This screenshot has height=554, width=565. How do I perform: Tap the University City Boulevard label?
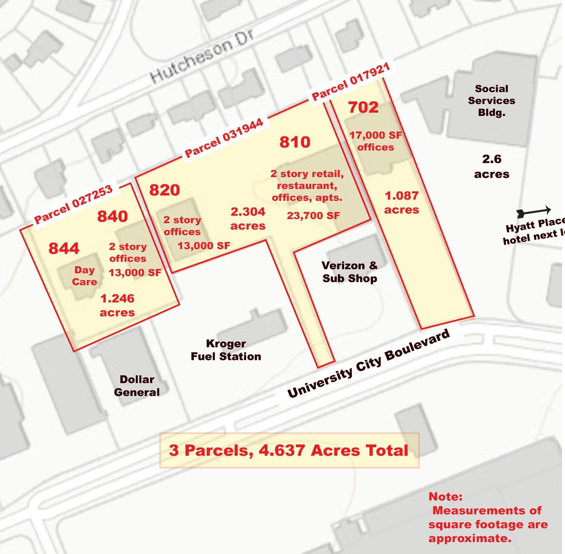coord(368,364)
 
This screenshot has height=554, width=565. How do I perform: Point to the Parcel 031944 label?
coord(224,138)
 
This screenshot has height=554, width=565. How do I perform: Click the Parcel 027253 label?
coord(74,204)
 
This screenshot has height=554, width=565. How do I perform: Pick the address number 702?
coord(363,108)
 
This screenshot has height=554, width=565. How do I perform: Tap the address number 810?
coord(295,142)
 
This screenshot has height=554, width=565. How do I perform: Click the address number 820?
coord(164,190)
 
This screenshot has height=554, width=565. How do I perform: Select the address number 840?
coord(113,216)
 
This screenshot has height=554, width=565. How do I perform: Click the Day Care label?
coord(85,276)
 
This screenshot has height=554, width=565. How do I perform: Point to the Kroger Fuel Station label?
coord(226,350)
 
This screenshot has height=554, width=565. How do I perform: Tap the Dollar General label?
coord(137,386)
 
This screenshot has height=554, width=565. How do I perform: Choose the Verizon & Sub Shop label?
coord(350,272)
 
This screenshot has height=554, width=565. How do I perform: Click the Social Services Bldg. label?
coord(491,100)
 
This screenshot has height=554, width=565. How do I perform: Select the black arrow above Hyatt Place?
coord(534,211)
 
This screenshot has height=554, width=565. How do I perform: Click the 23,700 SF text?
coord(313,216)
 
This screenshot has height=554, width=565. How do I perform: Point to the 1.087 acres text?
coord(401,203)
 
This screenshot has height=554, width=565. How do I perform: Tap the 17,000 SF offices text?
coord(376,141)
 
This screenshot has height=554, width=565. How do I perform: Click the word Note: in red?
coord(445,496)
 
